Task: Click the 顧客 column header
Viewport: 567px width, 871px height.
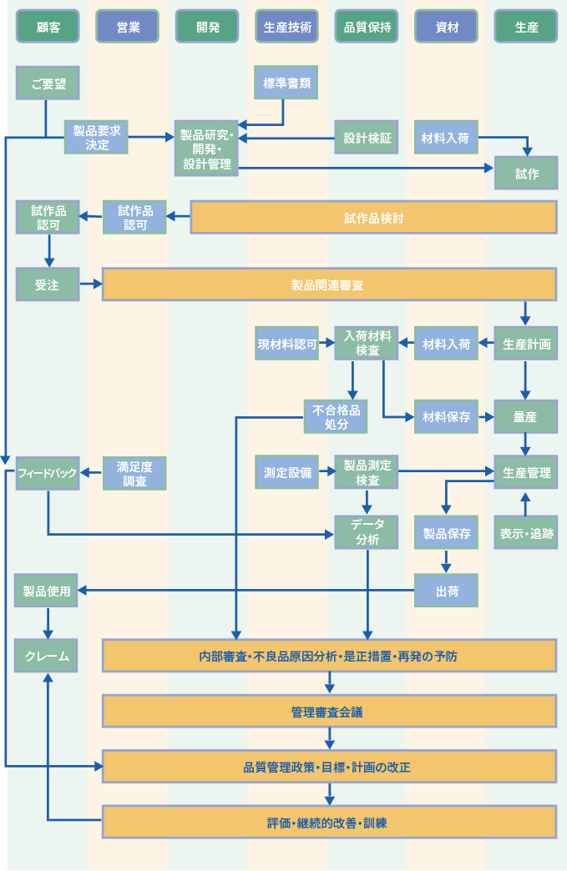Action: pyautogui.click(x=48, y=27)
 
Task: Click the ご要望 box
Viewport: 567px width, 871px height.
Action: pyautogui.click(x=48, y=83)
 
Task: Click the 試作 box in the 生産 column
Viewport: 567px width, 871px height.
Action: pyautogui.click(x=526, y=174)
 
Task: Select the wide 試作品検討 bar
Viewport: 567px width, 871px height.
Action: pyautogui.click(x=374, y=218)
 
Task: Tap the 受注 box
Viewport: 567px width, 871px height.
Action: pyautogui.click(x=48, y=284)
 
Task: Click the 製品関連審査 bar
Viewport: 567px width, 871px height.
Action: pyautogui.click(x=329, y=284)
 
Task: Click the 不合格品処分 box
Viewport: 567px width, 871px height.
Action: pyautogui.click(x=336, y=416)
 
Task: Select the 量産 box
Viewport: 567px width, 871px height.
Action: pyautogui.click(x=526, y=416)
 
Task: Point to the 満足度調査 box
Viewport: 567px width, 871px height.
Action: pyautogui.click(x=134, y=473)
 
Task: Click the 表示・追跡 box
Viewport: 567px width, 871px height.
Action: pyautogui.click(x=526, y=532)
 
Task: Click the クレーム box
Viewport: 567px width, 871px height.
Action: pyautogui.click(x=48, y=656)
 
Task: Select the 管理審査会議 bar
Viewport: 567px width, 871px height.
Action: pyautogui.click(x=329, y=712)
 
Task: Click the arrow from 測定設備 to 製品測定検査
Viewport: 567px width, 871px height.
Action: pyautogui.click(x=327, y=473)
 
